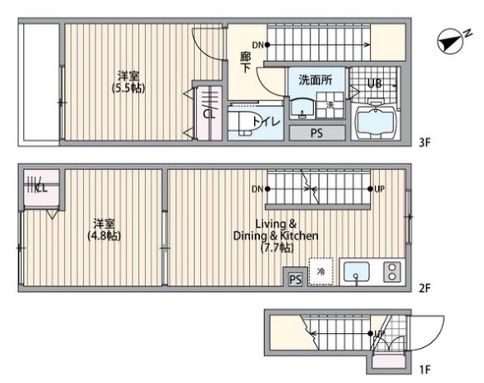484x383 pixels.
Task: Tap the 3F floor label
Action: tap(424, 143)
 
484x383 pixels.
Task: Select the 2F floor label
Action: tap(424, 288)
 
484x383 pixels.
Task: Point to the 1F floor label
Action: tap(425, 369)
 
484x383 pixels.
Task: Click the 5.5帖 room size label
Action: tap(128, 88)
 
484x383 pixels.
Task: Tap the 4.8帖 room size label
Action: tap(104, 236)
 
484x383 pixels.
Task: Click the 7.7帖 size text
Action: tap(277, 248)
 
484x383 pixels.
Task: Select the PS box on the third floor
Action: tap(317, 133)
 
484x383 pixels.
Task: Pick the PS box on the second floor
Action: tap(296, 280)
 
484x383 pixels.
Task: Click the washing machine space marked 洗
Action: tap(330, 105)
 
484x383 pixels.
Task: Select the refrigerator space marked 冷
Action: tap(321, 271)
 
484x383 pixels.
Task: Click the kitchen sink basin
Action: tap(357, 272)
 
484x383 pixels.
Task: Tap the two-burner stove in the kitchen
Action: tap(392, 272)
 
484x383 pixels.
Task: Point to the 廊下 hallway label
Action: tap(246, 62)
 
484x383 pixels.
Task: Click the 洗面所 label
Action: tap(315, 80)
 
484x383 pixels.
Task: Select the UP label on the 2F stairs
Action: tap(379, 189)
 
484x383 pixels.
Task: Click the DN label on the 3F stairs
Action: tap(257, 45)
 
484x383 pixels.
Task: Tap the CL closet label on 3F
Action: tap(209, 114)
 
